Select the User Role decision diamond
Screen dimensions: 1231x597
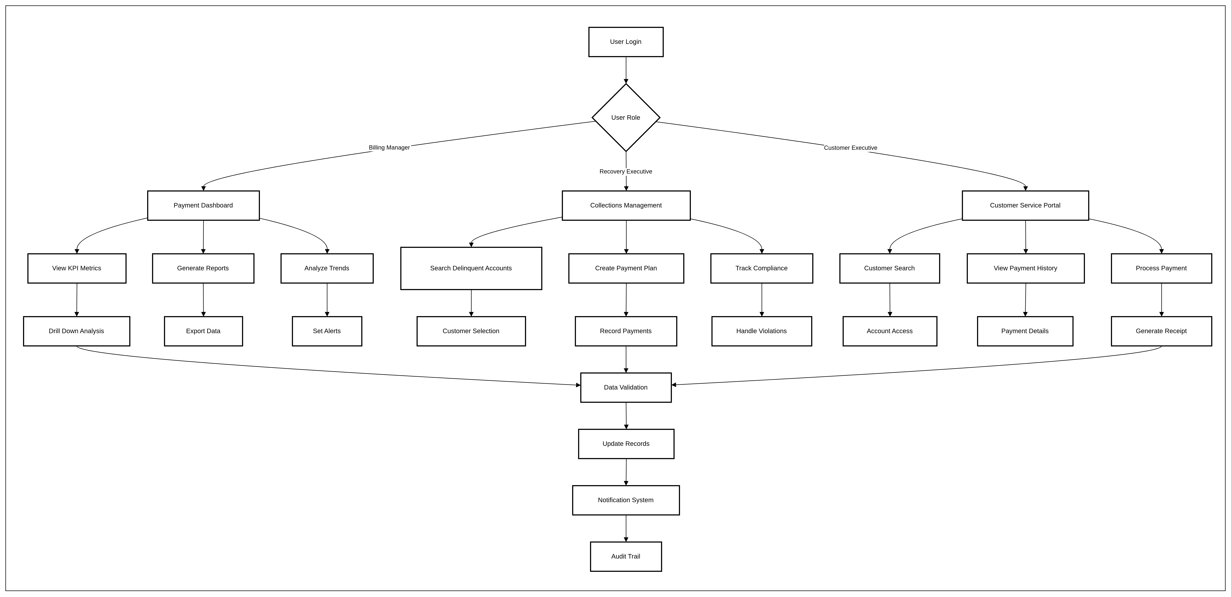(626, 117)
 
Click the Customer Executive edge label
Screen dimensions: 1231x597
(851, 148)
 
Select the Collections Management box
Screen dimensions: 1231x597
(626, 205)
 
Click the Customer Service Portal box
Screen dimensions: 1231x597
(1026, 205)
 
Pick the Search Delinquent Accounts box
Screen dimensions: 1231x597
(471, 268)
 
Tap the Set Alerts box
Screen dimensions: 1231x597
(327, 331)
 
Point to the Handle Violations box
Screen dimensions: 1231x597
(762, 331)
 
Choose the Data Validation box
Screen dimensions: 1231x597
(626, 387)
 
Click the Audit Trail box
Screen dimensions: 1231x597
(626, 556)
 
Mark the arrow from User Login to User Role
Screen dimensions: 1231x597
(626, 70)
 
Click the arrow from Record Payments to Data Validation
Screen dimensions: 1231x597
(626, 359)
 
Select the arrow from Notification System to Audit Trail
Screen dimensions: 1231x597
(626, 528)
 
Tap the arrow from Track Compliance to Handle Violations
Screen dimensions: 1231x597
(762, 300)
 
